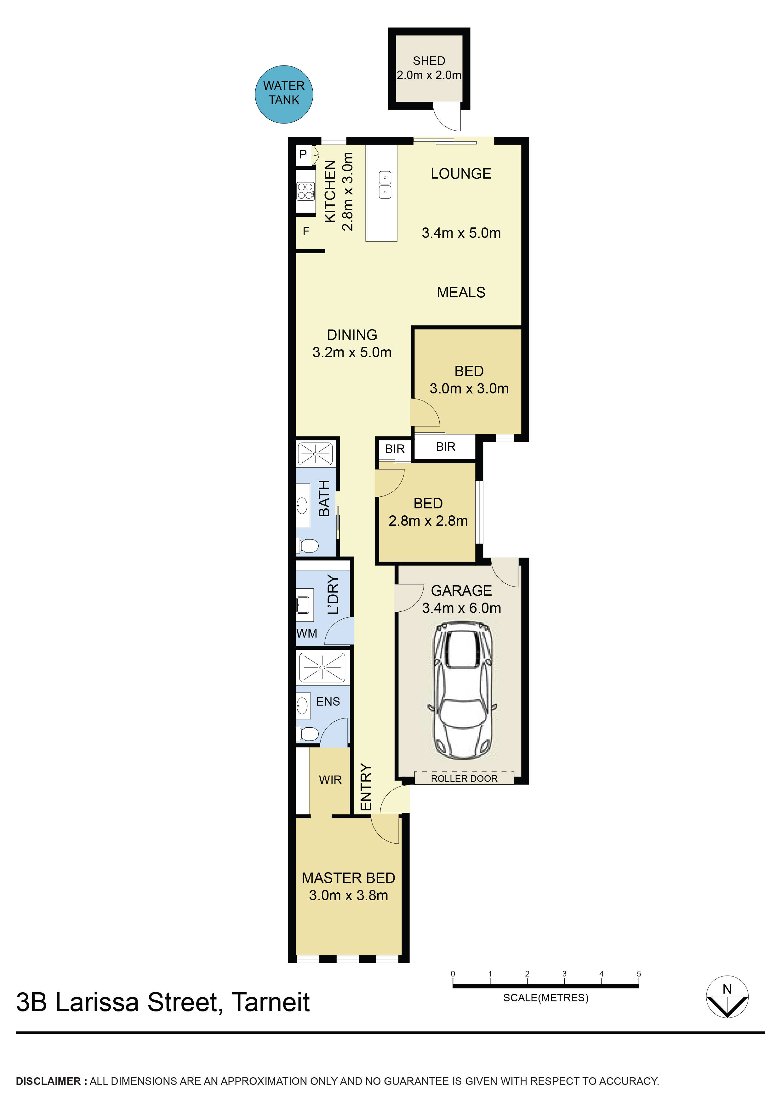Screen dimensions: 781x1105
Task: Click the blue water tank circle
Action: tap(284, 94)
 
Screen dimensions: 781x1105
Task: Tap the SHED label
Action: tap(429, 61)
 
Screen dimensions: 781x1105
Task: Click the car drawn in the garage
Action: tap(462, 690)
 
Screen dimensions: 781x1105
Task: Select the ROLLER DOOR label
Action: tap(464, 779)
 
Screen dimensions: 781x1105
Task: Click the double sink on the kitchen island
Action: tap(385, 185)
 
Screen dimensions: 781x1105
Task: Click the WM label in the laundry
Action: tap(306, 633)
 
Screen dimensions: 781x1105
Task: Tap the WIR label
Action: tap(330, 780)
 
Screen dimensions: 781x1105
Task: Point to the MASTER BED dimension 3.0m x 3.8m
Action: tap(348, 896)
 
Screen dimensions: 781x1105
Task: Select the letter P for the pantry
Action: tap(303, 154)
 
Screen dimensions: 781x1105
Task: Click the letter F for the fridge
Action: tap(305, 232)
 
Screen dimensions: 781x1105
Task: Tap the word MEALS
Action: tap(461, 292)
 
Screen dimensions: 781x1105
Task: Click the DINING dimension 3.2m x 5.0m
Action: tap(352, 352)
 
